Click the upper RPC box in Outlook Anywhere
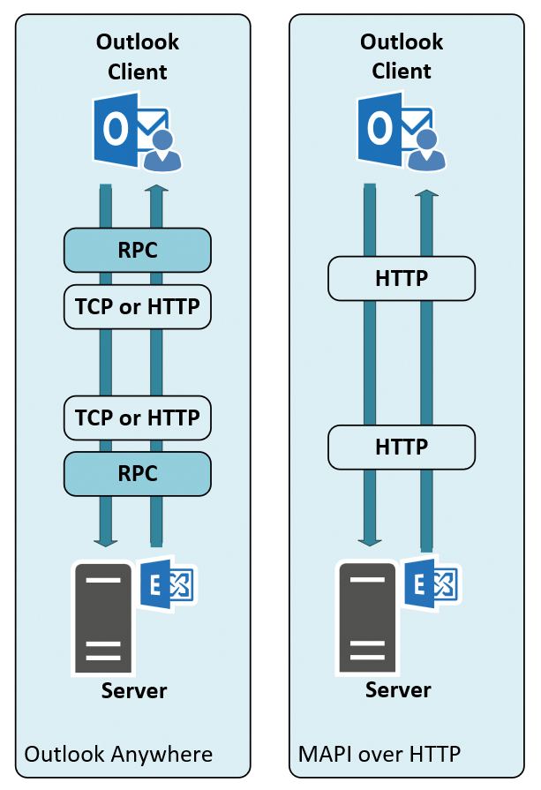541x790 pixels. click(x=138, y=250)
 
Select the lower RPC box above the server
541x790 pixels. click(x=138, y=473)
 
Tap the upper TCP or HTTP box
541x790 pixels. click(x=138, y=306)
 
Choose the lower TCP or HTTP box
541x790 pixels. click(x=138, y=418)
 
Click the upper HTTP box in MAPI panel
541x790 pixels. click(x=402, y=278)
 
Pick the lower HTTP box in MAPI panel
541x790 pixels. click(x=402, y=447)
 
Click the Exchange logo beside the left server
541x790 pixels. click(x=168, y=583)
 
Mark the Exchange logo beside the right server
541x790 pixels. click(x=432, y=583)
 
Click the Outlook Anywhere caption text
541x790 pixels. click(x=118, y=754)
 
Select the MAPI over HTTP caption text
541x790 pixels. click(x=380, y=754)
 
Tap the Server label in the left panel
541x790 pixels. click(x=134, y=689)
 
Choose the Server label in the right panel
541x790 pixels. click(x=398, y=689)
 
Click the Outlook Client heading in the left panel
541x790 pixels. click(x=138, y=56)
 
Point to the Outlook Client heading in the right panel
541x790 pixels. click(x=402, y=56)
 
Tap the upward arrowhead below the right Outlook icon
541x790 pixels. click(x=426, y=192)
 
